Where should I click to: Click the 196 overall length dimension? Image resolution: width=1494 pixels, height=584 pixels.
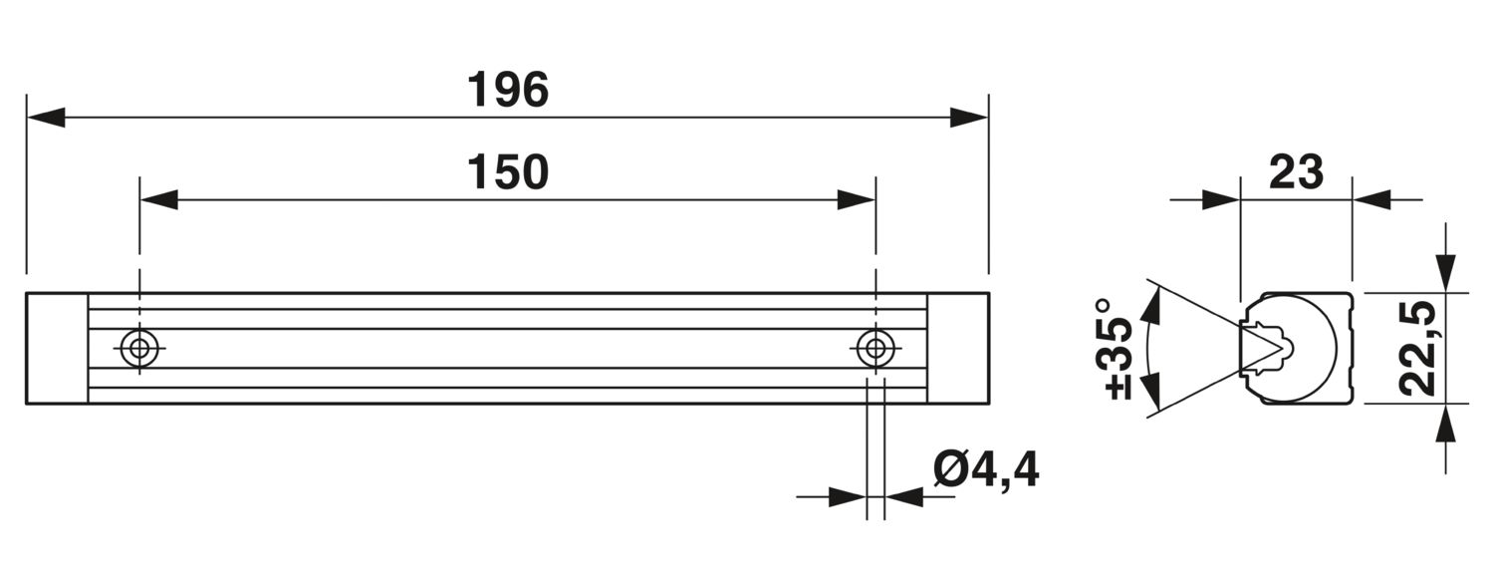pos(508,90)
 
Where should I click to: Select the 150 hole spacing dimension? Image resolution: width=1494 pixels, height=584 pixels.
pos(508,172)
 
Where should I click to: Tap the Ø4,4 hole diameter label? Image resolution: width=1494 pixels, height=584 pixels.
pos(986,470)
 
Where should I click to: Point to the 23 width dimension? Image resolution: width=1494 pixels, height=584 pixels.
pos(1296,172)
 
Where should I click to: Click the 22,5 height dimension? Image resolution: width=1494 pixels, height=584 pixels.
pos(1417,348)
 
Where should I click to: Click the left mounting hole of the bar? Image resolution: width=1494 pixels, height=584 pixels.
pos(139,348)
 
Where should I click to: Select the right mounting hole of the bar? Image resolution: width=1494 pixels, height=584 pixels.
pos(875,348)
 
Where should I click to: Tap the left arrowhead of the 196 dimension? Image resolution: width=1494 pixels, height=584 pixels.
pos(46,117)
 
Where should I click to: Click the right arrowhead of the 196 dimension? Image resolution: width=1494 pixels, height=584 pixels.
pos(969,117)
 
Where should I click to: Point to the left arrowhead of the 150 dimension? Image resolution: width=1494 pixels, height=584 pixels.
pos(159,199)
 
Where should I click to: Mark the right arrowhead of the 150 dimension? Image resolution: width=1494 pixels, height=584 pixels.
pos(857,199)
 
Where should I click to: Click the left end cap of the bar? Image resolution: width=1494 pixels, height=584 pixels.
pos(58,348)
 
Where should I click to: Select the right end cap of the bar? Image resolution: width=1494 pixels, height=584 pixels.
pos(958,348)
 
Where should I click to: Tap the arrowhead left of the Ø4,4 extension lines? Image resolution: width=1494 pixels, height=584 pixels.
pos(847,496)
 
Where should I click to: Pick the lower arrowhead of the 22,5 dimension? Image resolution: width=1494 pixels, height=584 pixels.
pos(1446,423)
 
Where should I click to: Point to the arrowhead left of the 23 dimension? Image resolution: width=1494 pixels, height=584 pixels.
pos(1220,199)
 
